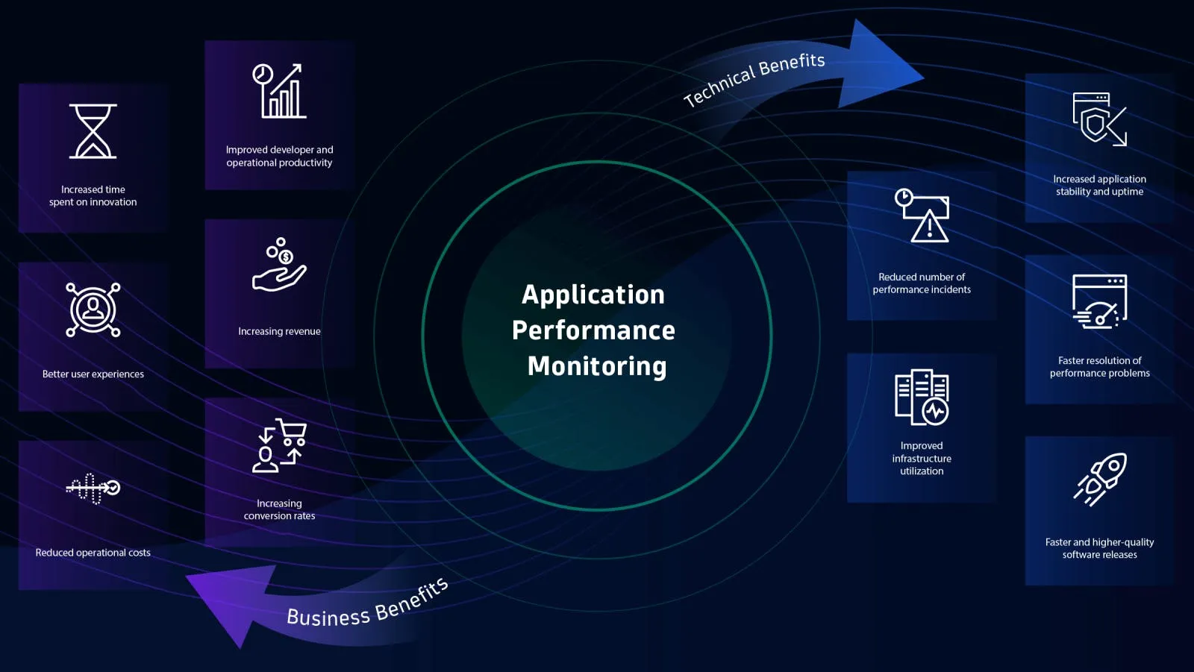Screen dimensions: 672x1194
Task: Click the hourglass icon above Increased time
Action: pyautogui.click(x=93, y=131)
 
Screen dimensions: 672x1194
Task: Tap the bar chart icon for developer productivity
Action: pyautogui.click(x=280, y=92)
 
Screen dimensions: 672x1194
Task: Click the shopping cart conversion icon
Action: pyautogui.click(x=280, y=445)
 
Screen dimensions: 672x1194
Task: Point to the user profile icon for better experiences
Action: pyautogui.click(x=93, y=310)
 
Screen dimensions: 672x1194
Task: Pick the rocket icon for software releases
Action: pyautogui.click(x=1100, y=480)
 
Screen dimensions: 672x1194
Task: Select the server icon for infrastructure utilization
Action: pyautogui.click(x=922, y=398)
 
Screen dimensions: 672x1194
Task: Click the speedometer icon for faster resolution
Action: pyautogui.click(x=1099, y=302)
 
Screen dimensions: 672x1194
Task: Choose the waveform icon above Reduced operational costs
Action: pyautogui.click(x=93, y=489)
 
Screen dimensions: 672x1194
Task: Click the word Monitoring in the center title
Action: pyautogui.click(x=596, y=366)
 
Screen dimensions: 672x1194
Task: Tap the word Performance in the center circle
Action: pyautogui.click(x=593, y=330)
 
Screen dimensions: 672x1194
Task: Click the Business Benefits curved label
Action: pyautogui.click(x=367, y=604)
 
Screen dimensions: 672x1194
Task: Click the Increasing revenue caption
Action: pyautogui.click(x=279, y=331)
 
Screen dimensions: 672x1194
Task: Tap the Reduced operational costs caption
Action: pyautogui.click(x=93, y=553)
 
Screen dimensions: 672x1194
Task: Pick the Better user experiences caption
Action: pyautogui.click(x=93, y=374)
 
